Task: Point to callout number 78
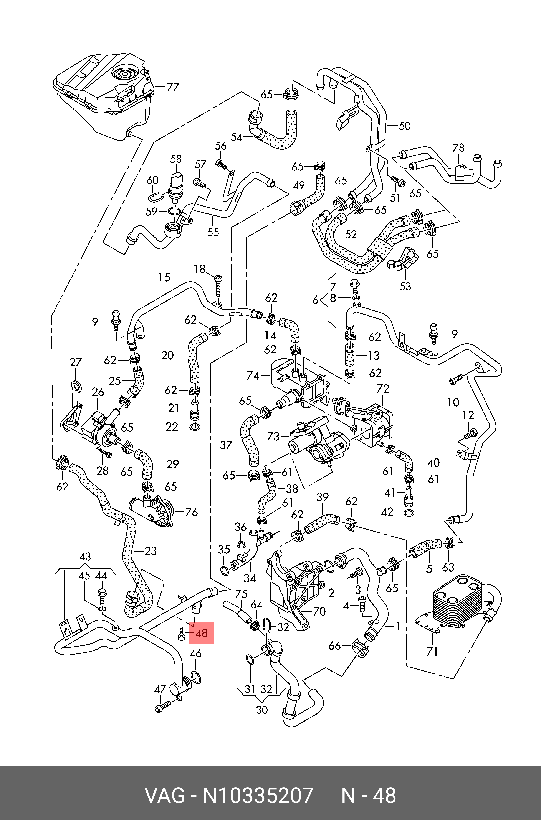[x=458, y=148]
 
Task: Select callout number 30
[x=262, y=710]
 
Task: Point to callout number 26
[x=98, y=392]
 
